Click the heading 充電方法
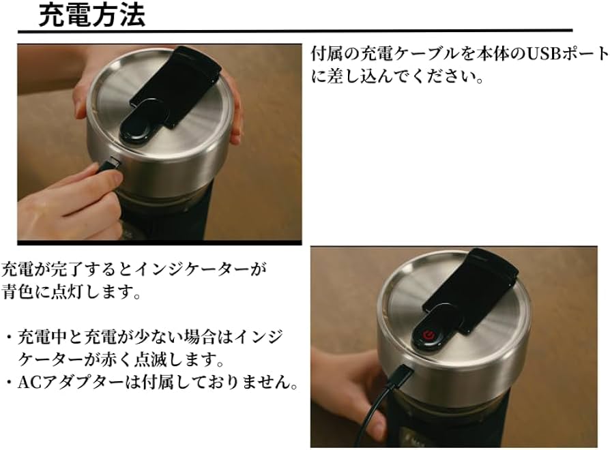(x=91, y=15)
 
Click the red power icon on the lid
(x=429, y=335)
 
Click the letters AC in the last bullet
(x=28, y=383)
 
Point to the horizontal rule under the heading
(x=293, y=31)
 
